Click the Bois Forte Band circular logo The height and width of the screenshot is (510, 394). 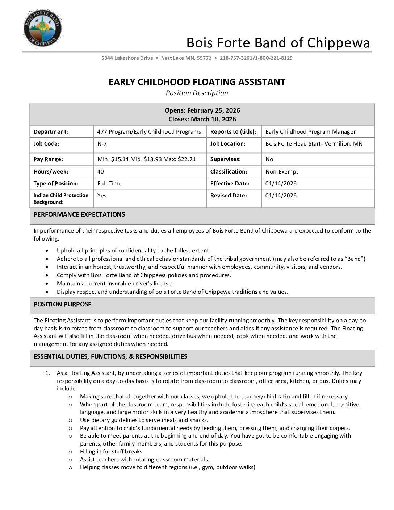43,28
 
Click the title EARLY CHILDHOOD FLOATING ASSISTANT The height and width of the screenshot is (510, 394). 197,82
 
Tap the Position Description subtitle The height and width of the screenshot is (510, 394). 197,93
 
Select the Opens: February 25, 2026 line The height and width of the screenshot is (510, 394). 202,110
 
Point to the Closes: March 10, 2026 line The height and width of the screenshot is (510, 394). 202,119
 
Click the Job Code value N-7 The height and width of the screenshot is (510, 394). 102,144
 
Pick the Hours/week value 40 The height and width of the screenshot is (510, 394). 100,172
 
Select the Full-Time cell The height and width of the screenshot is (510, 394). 109,184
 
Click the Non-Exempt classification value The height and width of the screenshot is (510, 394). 282,172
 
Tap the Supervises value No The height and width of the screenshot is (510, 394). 269,159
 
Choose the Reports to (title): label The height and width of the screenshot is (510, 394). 233,132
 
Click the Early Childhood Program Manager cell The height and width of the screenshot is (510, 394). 310,132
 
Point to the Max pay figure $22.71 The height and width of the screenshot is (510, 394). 187,159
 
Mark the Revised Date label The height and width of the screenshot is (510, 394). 229,196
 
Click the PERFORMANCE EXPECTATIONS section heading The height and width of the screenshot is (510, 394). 79,214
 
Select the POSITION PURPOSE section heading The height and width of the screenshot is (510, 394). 62,304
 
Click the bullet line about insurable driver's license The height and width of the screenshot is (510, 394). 115,284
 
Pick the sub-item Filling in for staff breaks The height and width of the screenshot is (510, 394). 112,452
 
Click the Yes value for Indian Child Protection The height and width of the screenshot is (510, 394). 102,196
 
